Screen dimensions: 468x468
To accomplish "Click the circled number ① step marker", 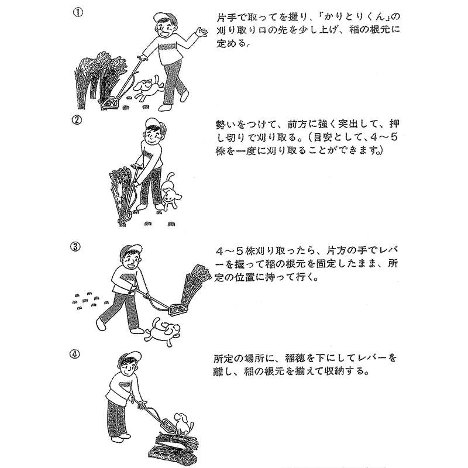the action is [78, 12].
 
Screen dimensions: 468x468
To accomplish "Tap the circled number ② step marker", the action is [77, 121].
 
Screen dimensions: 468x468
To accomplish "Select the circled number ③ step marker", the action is [75, 247].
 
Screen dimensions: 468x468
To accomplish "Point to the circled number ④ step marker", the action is [75, 355].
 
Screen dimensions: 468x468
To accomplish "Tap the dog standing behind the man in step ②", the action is [170, 191].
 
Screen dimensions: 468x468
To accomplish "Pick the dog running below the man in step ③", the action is [162, 331].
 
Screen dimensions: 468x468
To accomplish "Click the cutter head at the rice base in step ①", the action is [110, 103].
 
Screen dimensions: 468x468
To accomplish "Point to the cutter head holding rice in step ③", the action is [178, 309].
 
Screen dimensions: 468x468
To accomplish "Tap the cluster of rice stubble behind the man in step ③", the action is [88, 301].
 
